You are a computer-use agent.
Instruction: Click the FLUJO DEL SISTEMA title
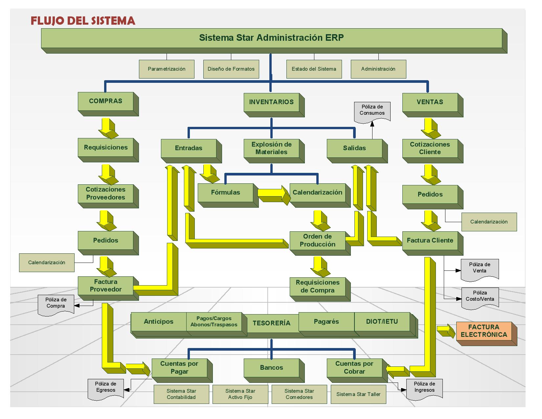(x=83, y=20)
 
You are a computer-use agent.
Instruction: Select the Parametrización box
(x=167, y=69)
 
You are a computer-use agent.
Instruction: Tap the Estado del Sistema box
(x=314, y=69)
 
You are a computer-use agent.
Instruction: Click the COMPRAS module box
(x=105, y=101)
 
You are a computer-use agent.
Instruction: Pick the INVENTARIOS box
(x=271, y=102)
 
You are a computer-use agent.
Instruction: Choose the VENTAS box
(x=430, y=102)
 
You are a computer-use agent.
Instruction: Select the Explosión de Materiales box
(x=271, y=148)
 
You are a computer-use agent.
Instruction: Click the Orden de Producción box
(x=317, y=240)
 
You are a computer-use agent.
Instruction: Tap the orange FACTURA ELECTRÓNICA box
(x=484, y=331)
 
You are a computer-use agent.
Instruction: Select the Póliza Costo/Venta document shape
(x=480, y=297)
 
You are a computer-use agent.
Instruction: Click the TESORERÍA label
(x=271, y=323)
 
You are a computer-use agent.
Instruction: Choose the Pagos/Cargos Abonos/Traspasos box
(x=214, y=321)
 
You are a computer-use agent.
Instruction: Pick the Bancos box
(x=271, y=368)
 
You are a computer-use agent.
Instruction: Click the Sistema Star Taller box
(x=358, y=394)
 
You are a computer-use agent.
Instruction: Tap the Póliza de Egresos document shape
(x=106, y=388)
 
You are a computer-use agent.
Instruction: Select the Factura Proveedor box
(x=105, y=286)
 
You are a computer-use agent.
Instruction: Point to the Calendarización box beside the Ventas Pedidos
(x=489, y=222)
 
